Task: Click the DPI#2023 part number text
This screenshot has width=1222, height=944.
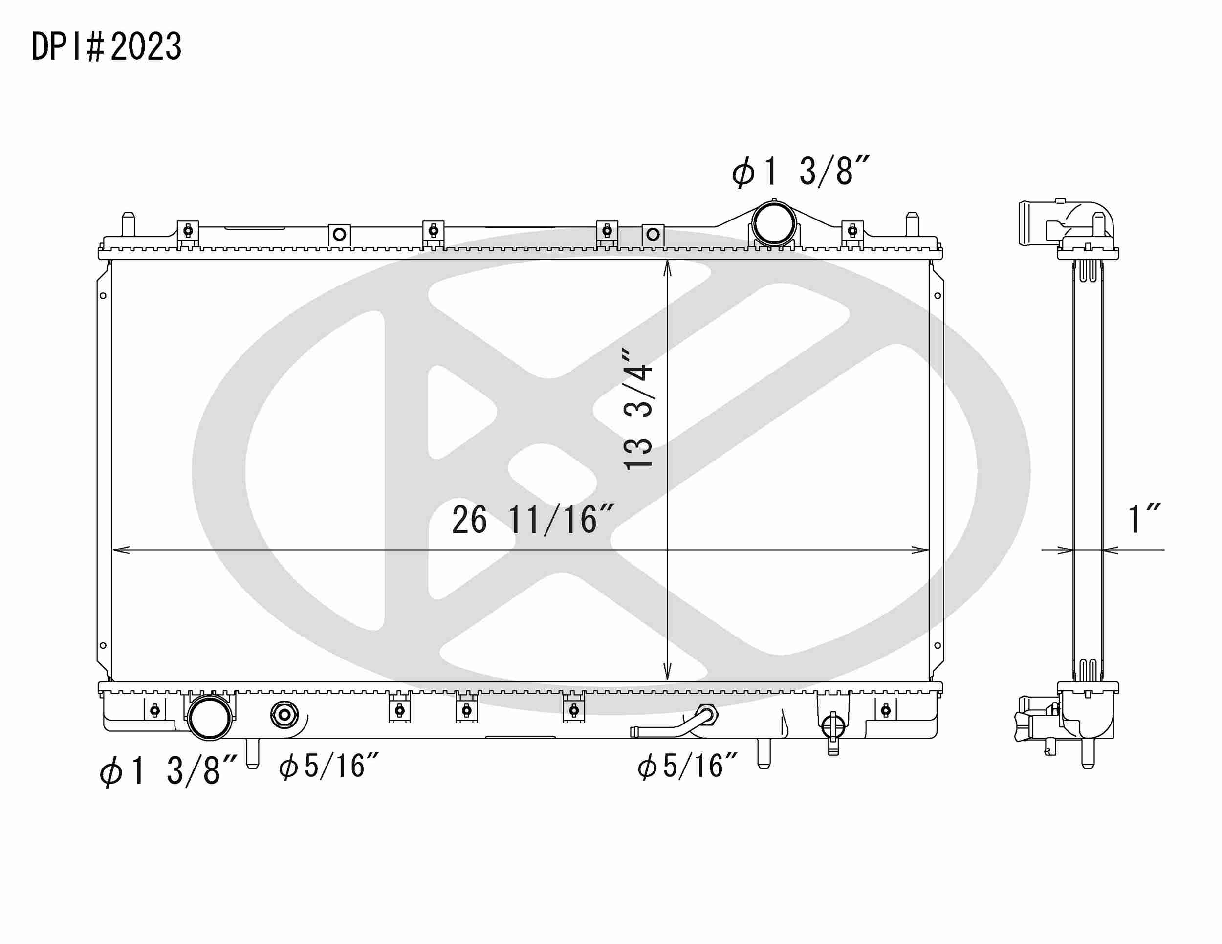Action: click(106, 46)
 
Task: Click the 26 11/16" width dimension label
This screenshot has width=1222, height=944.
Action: click(532, 521)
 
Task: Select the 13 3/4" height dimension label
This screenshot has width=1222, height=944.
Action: click(638, 409)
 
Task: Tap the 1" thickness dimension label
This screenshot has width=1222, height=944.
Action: click(1144, 519)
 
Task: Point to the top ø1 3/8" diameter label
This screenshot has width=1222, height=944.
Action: click(800, 171)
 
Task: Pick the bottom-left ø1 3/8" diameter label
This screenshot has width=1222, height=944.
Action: click(168, 771)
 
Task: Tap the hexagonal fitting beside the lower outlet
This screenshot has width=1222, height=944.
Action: click(284, 715)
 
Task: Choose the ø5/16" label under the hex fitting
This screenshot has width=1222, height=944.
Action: click(329, 766)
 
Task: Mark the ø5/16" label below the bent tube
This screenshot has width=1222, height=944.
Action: click(687, 766)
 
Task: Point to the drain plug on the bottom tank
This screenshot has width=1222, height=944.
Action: click(832, 727)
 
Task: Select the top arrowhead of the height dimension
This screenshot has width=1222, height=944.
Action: click(667, 268)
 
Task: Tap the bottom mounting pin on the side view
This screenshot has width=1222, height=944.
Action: click(1088, 755)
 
